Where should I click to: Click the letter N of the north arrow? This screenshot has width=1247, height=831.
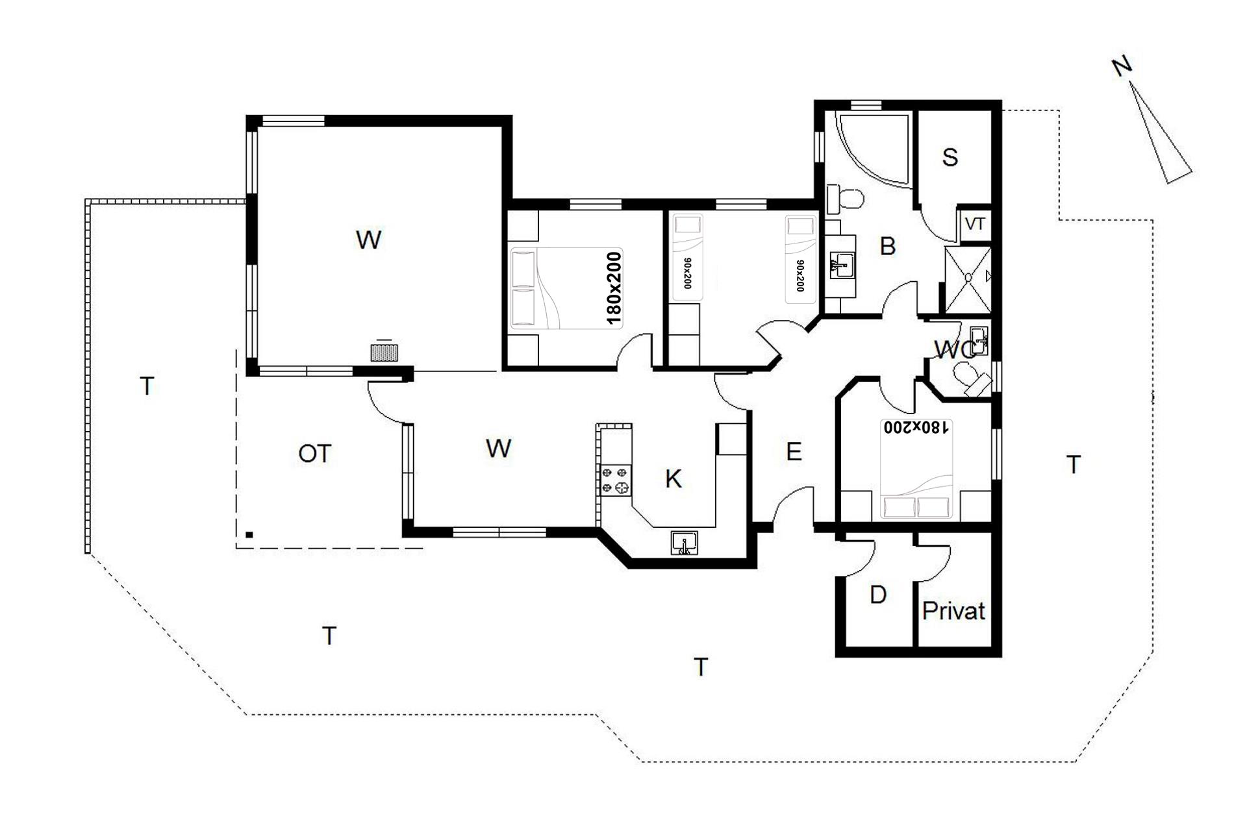click(1122, 67)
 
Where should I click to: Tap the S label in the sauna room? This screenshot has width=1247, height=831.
click(950, 157)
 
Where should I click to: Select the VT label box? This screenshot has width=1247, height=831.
click(975, 224)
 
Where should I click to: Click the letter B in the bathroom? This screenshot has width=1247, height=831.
click(887, 246)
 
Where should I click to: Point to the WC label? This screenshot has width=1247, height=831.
click(955, 350)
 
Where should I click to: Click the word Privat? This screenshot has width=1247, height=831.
click(953, 611)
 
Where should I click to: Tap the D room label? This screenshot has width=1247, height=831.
click(877, 595)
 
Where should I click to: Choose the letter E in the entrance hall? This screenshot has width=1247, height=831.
click(794, 451)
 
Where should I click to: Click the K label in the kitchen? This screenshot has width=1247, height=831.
click(674, 478)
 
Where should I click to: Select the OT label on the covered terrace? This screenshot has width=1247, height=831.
click(315, 454)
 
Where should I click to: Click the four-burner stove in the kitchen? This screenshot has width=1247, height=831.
click(616, 480)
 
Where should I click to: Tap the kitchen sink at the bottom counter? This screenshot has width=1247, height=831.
click(685, 543)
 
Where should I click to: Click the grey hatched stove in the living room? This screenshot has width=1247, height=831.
click(384, 352)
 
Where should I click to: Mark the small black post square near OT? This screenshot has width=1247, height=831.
click(249, 535)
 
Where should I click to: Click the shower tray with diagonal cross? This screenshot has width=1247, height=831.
click(968, 279)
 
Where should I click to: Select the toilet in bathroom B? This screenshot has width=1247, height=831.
click(844, 198)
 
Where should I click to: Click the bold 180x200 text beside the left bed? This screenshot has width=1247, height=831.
click(614, 288)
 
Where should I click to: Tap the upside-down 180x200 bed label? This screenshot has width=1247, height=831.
click(916, 427)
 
